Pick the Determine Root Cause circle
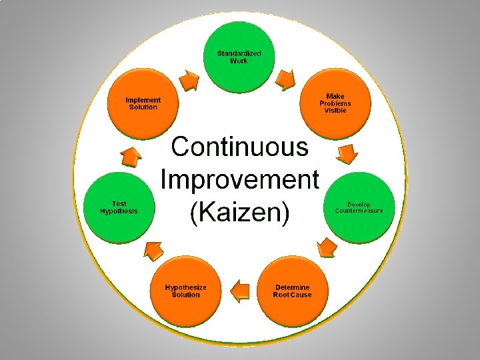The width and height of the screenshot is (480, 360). pyautogui.click(x=292, y=291)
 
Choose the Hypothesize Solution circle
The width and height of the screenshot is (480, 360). pyautogui.click(x=185, y=291)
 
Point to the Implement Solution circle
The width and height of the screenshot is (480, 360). pyautogui.click(x=143, y=103)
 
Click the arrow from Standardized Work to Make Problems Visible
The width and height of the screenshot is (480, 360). pyautogui.click(x=286, y=80)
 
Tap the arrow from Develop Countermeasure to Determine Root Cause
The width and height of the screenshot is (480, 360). pyautogui.click(x=326, y=248)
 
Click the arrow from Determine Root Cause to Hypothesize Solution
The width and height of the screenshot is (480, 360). pyautogui.click(x=239, y=290)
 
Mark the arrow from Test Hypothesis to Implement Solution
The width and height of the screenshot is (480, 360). pyautogui.click(x=131, y=158)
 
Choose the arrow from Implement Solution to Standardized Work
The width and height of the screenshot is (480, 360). pyautogui.click(x=190, y=80)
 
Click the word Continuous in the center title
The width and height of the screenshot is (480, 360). pyautogui.click(x=240, y=147)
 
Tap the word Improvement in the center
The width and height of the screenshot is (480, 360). pyautogui.click(x=240, y=180)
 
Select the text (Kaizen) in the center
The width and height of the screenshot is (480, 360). pyautogui.click(x=240, y=213)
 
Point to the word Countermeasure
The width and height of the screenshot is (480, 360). pyautogui.click(x=359, y=211)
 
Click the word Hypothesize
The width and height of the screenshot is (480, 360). pyautogui.click(x=186, y=287)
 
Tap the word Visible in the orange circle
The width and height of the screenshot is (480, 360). pyautogui.click(x=335, y=110)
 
